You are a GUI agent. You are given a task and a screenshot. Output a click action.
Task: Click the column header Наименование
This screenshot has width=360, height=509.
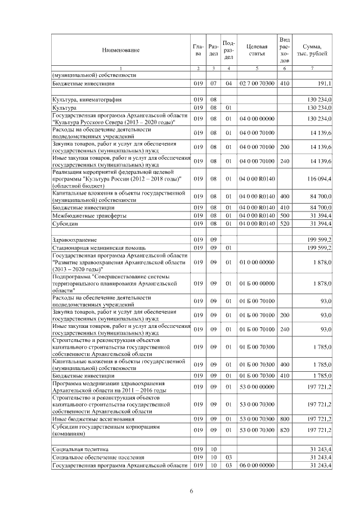(120, 50)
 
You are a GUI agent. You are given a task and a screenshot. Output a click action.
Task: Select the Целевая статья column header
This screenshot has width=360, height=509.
(256, 50)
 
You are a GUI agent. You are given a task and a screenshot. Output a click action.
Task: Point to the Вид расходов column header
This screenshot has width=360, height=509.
(285, 50)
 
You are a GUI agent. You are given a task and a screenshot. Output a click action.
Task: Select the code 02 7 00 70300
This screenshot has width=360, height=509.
(256, 83)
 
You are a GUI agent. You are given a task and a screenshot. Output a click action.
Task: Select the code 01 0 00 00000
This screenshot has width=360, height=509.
(256, 262)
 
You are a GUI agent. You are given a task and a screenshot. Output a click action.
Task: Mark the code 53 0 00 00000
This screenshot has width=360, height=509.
(256, 388)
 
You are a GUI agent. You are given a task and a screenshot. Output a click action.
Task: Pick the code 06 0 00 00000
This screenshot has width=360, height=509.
(256, 465)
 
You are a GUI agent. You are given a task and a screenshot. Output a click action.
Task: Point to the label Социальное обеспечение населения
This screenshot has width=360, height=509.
(94, 457)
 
